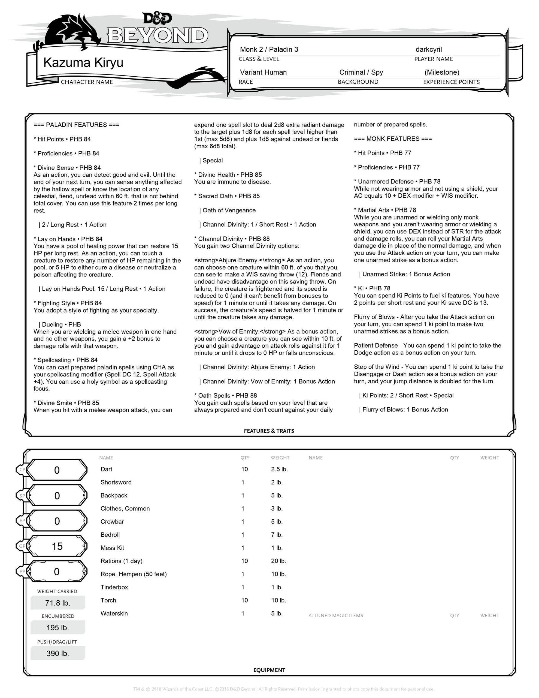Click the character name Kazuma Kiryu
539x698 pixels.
83,63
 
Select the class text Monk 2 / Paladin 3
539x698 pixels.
269,50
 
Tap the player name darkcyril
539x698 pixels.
428,50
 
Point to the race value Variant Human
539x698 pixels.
263,73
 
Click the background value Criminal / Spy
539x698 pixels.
361,73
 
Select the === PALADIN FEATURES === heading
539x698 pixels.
76,125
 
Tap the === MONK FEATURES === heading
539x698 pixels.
393,139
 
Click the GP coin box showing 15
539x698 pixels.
57,546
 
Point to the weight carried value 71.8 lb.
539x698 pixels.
57,603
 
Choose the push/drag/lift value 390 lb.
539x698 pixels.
57,654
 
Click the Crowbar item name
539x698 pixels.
112,522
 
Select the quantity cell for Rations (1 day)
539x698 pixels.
244,561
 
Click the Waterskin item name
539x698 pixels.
114,613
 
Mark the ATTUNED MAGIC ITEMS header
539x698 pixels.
335,616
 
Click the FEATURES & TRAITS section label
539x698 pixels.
269,431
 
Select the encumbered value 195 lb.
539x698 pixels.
57,628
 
